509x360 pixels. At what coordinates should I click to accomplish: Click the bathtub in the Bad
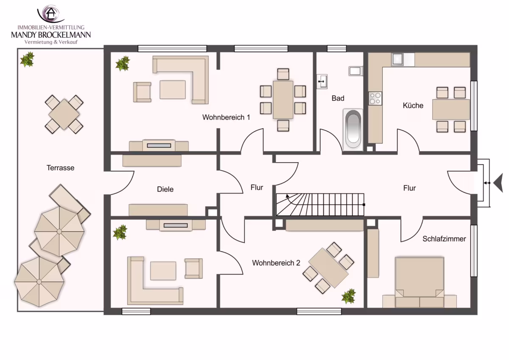[352, 129]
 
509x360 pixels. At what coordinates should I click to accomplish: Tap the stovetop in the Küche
[375, 98]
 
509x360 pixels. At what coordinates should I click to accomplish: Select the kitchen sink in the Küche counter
[397, 59]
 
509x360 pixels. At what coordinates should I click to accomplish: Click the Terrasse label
[60, 168]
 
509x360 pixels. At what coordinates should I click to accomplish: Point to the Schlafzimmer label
[444, 239]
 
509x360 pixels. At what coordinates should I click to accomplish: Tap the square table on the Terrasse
[64, 114]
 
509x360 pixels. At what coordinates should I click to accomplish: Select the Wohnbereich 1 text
[226, 117]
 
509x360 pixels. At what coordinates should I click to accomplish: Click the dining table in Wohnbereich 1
[283, 100]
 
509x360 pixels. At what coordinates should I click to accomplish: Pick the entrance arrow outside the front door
[499, 183]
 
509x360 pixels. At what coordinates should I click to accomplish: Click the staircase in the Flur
[320, 205]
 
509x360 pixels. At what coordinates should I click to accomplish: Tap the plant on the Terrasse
[27, 59]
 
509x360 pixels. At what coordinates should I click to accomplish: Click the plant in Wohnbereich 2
[349, 296]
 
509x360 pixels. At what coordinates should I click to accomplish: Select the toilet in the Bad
[355, 71]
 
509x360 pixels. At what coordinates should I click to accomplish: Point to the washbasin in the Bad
[322, 81]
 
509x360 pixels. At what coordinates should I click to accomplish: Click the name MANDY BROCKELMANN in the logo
[51, 35]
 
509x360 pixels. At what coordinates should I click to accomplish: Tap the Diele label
[165, 189]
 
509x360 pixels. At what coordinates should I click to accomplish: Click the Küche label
[413, 106]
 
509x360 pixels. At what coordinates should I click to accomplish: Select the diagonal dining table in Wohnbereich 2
[328, 268]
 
